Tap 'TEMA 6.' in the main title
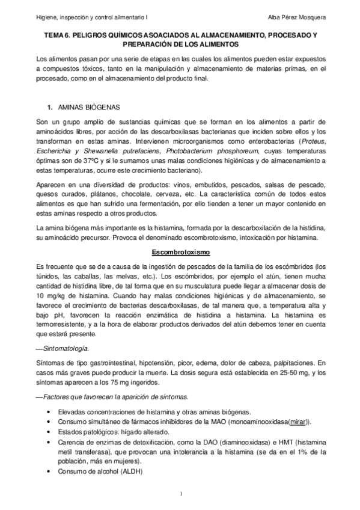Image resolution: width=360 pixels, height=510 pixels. (58, 36)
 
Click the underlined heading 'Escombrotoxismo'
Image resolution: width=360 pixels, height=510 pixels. (180, 253)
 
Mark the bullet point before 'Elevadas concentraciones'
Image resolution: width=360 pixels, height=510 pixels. (48, 412)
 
